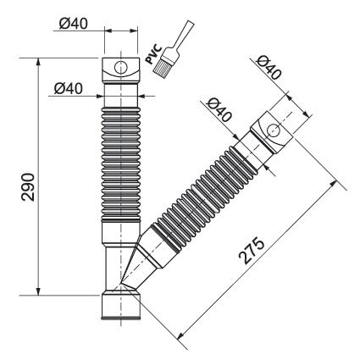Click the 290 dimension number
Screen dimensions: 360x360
click(x=28, y=187)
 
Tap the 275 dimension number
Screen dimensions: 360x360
click(x=251, y=251)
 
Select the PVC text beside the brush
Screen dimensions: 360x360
click(x=154, y=54)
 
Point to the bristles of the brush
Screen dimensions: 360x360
click(x=163, y=64)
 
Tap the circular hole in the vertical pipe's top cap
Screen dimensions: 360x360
click(x=121, y=68)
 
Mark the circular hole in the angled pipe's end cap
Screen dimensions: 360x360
click(x=273, y=130)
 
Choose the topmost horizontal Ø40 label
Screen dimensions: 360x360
click(x=74, y=24)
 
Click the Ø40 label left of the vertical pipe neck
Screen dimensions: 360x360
click(x=69, y=88)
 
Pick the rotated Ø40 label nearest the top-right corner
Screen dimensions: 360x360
click(x=269, y=67)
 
